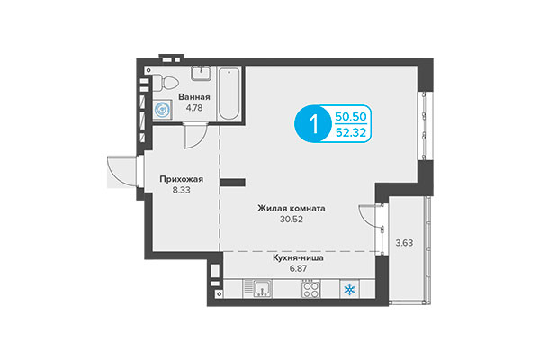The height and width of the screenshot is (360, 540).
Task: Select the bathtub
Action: coord(229,92)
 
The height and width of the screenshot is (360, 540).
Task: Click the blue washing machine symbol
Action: coord(163,111)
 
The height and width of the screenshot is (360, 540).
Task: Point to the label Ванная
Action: coord(194,97)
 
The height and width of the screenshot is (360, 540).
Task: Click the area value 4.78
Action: coord(194,108)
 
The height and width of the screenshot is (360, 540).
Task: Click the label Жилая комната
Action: coord(291,209)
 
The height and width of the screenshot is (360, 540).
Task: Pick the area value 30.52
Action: coord(291,220)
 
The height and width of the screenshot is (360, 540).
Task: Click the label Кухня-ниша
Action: coord(298,256)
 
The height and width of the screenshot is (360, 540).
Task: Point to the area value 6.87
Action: coord(298,268)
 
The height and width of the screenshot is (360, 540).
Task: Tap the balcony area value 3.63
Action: coord(402,241)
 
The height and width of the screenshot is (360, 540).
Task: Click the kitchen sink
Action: coord(263,289)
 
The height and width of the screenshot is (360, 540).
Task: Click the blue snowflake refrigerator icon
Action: coord(349,289)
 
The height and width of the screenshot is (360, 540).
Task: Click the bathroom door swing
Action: coord(193,138)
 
